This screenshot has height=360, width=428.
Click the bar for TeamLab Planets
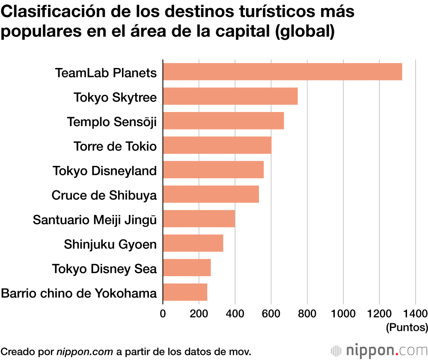pos(282,72)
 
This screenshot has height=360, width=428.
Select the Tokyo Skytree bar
pos(230,96)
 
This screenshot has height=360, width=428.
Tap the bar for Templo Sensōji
pos(223,121)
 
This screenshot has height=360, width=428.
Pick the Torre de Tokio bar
pos(217,145)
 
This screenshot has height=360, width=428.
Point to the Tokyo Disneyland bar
pos(213,170)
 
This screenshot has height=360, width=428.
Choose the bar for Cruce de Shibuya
pos(211,194)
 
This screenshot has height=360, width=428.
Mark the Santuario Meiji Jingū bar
pos(199,218)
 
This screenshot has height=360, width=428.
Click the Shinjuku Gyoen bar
pos(193,243)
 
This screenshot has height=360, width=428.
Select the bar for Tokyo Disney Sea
pos(187,268)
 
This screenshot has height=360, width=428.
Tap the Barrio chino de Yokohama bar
pos(185,292)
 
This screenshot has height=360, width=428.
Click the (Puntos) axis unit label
pos(407,328)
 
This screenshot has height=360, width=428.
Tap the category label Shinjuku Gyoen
pos(110,245)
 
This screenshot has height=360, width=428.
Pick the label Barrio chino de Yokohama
pos(79,294)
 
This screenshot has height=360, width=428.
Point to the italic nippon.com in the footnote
pos(85,352)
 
